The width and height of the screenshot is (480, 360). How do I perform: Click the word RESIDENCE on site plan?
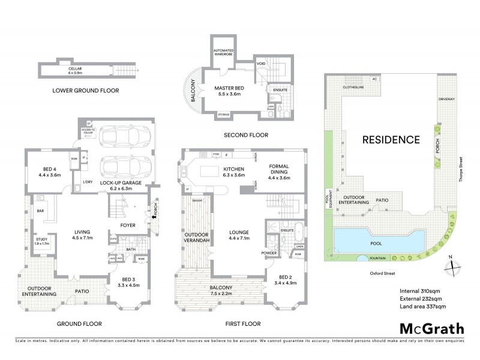[390, 139]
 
